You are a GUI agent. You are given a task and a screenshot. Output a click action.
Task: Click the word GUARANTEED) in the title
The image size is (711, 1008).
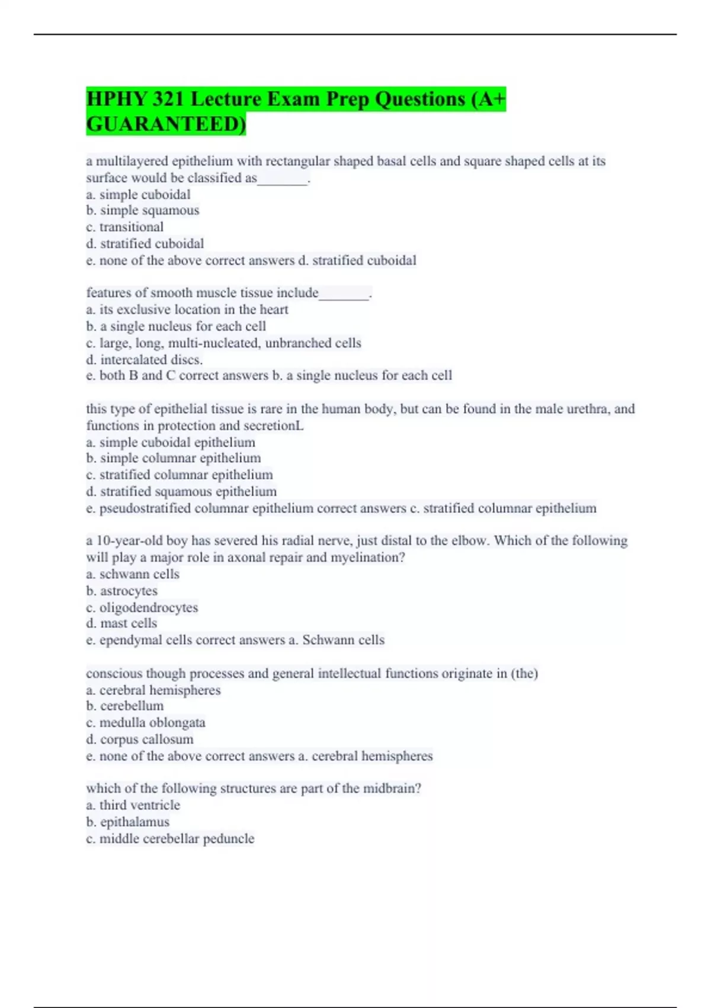(x=166, y=124)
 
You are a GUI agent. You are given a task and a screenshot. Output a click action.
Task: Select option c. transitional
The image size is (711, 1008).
(x=125, y=227)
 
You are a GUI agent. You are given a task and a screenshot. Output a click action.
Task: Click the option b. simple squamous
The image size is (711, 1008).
(x=143, y=210)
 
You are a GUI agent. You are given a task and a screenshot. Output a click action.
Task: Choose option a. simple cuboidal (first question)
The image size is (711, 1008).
(x=139, y=194)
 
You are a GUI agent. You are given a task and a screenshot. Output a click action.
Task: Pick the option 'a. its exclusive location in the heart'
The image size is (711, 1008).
(x=187, y=310)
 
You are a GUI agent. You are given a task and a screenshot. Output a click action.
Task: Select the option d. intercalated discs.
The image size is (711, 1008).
(x=145, y=359)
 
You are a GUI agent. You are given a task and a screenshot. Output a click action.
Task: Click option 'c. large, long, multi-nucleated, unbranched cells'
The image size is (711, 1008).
(x=223, y=343)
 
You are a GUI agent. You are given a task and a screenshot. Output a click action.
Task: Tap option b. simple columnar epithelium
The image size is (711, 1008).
(x=174, y=458)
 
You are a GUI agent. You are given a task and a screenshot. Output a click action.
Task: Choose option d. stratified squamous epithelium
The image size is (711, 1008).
(x=181, y=491)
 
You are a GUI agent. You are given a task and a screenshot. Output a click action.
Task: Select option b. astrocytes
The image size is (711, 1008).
(x=122, y=591)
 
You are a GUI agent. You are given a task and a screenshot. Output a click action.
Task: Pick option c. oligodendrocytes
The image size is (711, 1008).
(x=142, y=607)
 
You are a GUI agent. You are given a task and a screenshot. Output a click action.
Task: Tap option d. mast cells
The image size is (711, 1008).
(x=121, y=623)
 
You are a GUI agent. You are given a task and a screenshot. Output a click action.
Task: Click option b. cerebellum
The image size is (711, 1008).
(x=125, y=706)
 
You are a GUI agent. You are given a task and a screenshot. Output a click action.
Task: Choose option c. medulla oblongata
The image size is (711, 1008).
(x=146, y=722)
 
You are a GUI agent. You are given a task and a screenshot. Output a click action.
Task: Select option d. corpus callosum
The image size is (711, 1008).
(x=140, y=739)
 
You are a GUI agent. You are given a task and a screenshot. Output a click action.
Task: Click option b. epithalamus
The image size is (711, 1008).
(x=128, y=822)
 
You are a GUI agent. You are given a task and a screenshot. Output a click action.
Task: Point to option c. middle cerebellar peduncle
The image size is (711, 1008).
(x=170, y=838)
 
